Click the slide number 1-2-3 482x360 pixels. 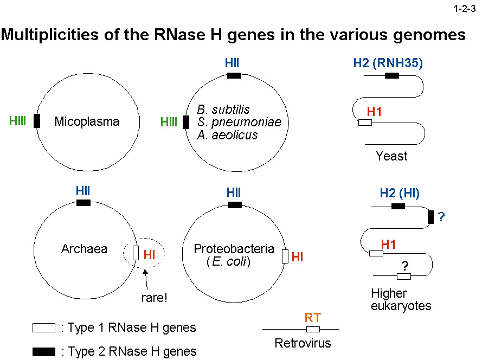click(464, 9)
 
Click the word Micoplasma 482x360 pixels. click(87, 121)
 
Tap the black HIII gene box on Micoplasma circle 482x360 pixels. click(37, 120)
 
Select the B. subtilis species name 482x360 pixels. click(223, 110)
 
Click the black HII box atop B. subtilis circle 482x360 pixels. click(234, 75)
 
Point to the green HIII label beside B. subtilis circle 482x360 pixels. click(169, 123)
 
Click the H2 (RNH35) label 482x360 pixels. click(388, 63)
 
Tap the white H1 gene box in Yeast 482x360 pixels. click(365, 123)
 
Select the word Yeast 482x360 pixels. click(391, 156)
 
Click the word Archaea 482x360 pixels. click(84, 249)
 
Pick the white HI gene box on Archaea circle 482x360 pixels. click(136, 253)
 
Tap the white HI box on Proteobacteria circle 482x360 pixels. click(285, 256)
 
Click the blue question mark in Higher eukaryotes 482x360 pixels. click(441, 217)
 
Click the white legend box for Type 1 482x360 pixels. click(44, 327)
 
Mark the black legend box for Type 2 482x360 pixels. click(44, 352)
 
